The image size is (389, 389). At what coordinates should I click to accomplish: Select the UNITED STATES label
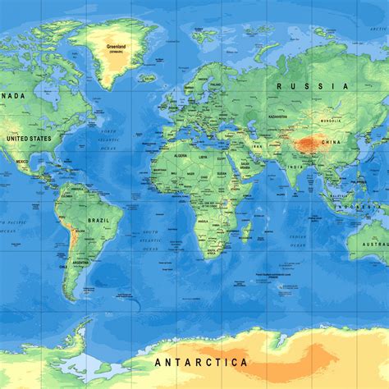(29, 139)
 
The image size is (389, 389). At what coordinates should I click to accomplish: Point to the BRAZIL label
(98, 221)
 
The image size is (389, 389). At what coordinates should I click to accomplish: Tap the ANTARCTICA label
(200, 362)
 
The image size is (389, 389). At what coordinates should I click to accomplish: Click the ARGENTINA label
(80, 262)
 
